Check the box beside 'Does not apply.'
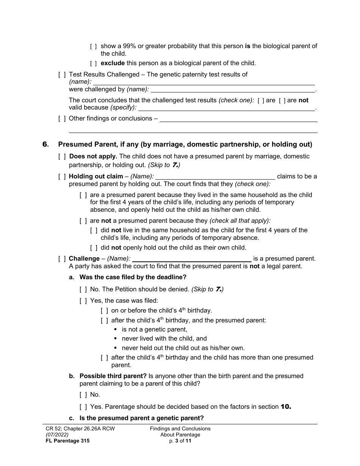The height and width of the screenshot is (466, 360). pos(62,156)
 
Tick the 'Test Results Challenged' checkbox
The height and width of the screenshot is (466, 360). pos(62,75)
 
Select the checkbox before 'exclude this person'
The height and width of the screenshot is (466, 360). pos(93,63)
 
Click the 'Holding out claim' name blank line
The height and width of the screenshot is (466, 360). pos(215,177)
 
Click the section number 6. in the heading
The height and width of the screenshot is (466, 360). pos(45,144)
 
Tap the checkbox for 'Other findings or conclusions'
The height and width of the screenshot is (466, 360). pos(62,119)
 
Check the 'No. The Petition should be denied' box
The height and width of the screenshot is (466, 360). pos(83,289)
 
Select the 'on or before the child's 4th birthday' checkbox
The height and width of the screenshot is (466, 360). pos(104,311)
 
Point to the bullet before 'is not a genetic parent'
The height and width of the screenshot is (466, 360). pos(116,330)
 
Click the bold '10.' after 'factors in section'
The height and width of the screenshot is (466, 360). pos(286,407)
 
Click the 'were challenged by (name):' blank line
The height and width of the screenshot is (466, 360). pos(233,90)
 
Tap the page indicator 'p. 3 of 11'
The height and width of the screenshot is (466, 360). pos(180,441)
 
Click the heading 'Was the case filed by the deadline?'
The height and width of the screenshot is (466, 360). pos(133,277)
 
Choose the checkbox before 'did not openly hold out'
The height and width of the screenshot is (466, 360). pos(93,248)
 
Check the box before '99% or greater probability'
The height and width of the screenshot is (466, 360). pos(93,46)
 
